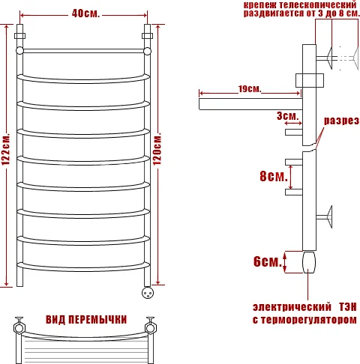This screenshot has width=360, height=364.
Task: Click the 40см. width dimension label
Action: [x=85, y=13]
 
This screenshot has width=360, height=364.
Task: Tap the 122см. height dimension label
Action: [x=6, y=149]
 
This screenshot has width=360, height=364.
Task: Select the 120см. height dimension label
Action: [x=157, y=149]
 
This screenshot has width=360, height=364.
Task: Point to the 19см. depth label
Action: [x=250, y=88]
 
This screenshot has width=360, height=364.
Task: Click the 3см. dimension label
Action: [x=288, y=116]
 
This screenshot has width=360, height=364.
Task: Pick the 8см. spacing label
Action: [x=274, y=176]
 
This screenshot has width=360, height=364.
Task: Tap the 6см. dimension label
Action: [x=268, y=261]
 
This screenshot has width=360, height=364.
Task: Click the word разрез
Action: [x=341, y=121]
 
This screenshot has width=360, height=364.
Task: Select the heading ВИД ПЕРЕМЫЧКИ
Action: [x=86, y=320]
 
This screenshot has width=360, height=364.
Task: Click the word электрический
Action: [x=292, y=307]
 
